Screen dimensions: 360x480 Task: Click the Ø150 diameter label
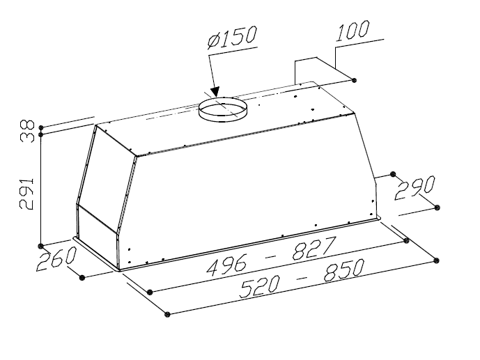pyautogui.click(x=233, y=38)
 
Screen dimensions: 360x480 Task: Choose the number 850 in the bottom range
pyautogui.click(x=333, y=271)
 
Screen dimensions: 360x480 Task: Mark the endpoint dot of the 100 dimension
pyautogui.click(x=356, y=81)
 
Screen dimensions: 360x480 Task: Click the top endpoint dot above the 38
pyautogui.click(x=42, y=127)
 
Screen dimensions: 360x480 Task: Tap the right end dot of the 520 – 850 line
pyautogui.click(x=437, y=260)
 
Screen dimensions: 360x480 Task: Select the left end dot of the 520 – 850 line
pyautogui.click(x=167, y=315)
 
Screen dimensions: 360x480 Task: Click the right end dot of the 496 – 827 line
pyautogui.click(x=407, y=241)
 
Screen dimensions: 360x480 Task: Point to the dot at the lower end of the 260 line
pyautogui.click(x=83, y=277)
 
